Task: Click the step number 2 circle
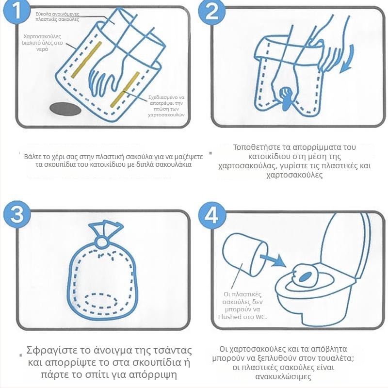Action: point(212,11)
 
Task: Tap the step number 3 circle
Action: point(17,214)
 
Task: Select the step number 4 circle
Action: point(212,215)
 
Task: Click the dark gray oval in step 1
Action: point(65,109)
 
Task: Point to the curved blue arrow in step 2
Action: point(348,59)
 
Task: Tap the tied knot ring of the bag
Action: point(102,241)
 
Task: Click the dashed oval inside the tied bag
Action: point(101,301)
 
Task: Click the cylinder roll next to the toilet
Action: point(244,255)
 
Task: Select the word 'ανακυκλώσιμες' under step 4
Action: point(283,377)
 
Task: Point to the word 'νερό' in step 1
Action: point(42,49)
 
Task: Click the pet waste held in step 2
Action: point(286,96)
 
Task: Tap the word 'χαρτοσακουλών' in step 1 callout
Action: point(166,115)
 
